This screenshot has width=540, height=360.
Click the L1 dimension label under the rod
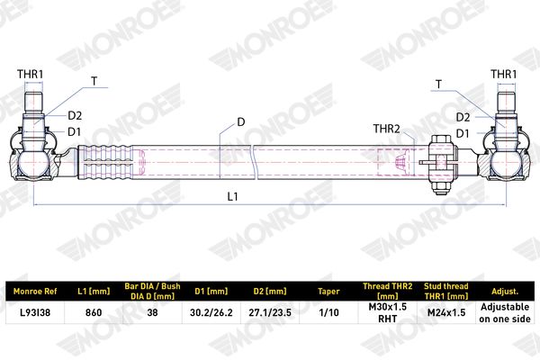pyautogui.click(x=232, y=196)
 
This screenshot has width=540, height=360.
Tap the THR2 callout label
pyautogui.click(x=386, y=129)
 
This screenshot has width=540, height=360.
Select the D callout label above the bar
pyautogui.click(x=240, y=122)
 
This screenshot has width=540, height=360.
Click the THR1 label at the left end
pyautogui.click(x=31, y=74)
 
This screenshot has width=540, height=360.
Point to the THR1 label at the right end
pyautogui.click(x=503, y=74)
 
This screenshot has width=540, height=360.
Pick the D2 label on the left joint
pyautogui.click(x=75, y=116)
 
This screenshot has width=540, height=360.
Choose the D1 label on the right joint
pyautogui.click(x=463, y=133)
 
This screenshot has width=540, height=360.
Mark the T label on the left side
pyautogui.click(x=94, y=81)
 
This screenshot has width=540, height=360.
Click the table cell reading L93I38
pyautogui.click(x=35, y=312)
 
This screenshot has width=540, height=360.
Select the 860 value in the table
pyautogui.click(x=94, y=312)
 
